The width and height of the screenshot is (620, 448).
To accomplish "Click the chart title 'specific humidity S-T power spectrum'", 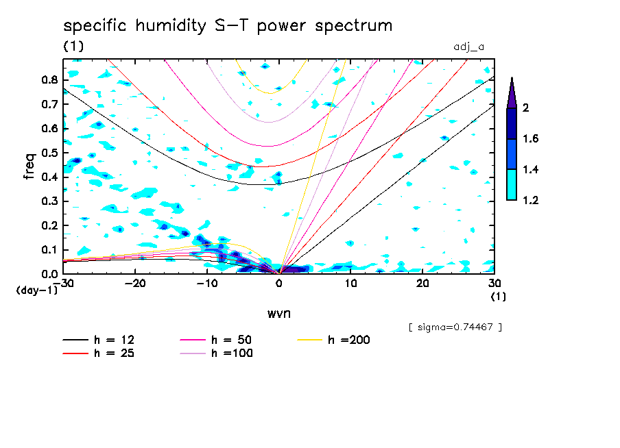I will point(228,26).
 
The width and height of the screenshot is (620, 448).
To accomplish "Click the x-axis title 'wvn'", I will point(278,314).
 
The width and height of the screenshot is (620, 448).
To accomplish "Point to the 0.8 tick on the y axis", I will point(50,79).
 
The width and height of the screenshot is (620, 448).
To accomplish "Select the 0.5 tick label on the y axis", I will point(50,153).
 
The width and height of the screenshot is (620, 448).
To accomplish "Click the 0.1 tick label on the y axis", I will point(50,250).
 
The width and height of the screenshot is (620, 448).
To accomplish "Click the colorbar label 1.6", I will point(531,139).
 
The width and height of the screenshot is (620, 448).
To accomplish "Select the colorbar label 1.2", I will point(531,201).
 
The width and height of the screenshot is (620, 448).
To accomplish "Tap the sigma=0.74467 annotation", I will point(455,327).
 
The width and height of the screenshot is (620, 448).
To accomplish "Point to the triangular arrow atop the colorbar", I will point(512,92).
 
